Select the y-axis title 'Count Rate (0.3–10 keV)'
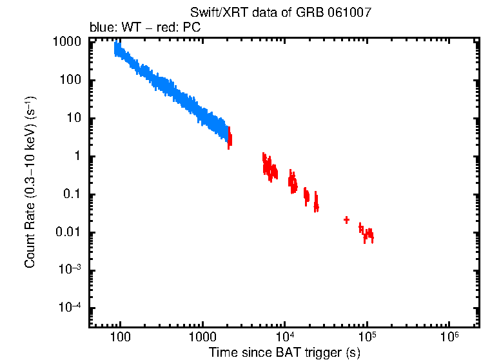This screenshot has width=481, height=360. [30, 183]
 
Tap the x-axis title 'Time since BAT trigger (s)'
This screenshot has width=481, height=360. [284, 352]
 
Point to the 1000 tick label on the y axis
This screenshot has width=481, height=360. [67, 43]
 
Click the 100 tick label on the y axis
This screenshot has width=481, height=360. [70, 81]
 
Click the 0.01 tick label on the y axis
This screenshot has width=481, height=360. [69, 233]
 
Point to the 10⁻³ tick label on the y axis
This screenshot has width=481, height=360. [70, 270]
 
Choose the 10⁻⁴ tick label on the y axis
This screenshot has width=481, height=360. [70, 308]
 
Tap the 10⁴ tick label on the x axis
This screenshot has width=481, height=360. [284, 337]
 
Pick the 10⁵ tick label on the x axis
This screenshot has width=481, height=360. [367, 337]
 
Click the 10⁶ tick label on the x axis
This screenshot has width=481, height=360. [449, 337]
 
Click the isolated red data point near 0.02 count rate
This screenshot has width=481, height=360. [346, 220]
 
